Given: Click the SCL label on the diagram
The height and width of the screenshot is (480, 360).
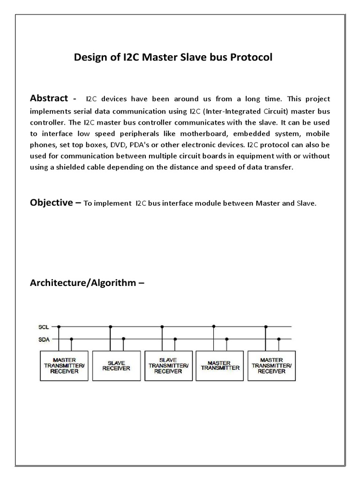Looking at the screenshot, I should pyautogui.click(x=43, y=327).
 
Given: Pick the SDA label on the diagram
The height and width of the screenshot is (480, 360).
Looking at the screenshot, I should pyautogui.click(x=43, y=339).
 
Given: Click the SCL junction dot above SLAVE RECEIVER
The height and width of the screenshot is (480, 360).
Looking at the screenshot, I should pyautogui.click(x=110, y=327).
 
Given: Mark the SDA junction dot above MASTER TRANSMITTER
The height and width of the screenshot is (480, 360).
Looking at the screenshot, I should pyautogui.click(x=227, y=339).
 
